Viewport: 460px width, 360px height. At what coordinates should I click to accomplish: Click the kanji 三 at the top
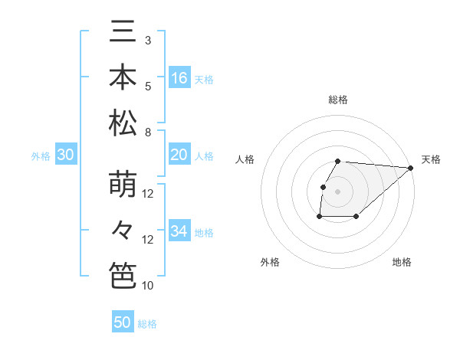tap(123, 33)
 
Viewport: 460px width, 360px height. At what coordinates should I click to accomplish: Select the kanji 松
tap(123, 122)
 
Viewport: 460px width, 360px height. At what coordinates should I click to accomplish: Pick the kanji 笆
tap(123, 275)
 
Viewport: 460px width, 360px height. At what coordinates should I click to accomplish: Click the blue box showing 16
tap(179, 77)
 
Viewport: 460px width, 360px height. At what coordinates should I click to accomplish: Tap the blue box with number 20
tap(179, 155)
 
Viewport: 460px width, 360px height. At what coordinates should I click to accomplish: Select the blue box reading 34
tap(179, 231)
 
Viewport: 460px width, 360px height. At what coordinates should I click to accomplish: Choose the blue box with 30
tap(65, 155)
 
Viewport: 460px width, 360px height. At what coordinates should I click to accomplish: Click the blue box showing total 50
tap(123, 322)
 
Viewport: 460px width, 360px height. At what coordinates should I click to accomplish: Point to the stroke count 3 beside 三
tap(148, 40)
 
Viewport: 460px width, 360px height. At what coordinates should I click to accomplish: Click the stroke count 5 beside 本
tap(148, 86)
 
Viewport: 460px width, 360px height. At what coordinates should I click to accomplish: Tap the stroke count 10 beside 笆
tap(148, 286)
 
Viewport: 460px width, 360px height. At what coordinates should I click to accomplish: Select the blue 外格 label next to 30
tap(41, 155)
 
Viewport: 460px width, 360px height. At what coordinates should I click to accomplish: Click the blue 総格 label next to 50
tap(147, 323)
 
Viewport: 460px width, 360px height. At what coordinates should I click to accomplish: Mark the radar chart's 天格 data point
tap(411, 168)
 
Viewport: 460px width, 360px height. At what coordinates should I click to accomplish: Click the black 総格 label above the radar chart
tap(338, 100)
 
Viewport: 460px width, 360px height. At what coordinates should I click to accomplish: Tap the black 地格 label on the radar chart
tap(402, 262)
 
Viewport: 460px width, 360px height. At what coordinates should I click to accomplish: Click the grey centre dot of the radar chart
tap(338, 191)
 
